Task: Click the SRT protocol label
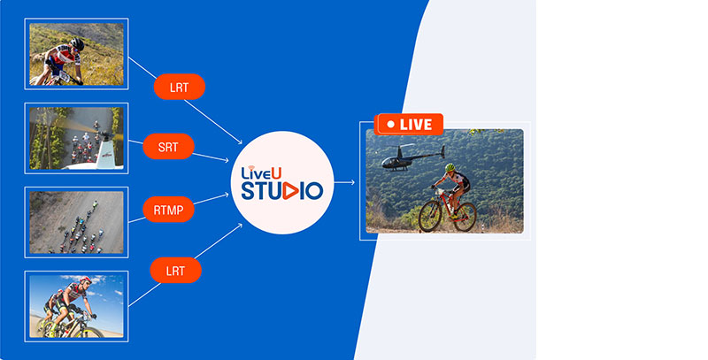click(x=168, y=147)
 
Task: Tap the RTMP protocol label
click(x=168, y=210)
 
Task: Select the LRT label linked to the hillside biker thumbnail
click(x=180, y=87)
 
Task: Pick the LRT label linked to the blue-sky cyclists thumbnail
click(x=176, y=270)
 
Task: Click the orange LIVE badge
click(x=409, y=125)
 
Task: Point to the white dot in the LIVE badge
click(x=389, y=125)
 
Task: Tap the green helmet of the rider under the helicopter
click(x=450, y=167)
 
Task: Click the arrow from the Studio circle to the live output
click(x=346, y=183)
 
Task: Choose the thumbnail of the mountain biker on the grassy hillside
click(x=77, y=54)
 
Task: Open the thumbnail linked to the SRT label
click(x=77, y=138)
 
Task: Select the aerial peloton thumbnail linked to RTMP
click(x=77, y=222)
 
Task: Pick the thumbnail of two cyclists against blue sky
click(x=77, y=305)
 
